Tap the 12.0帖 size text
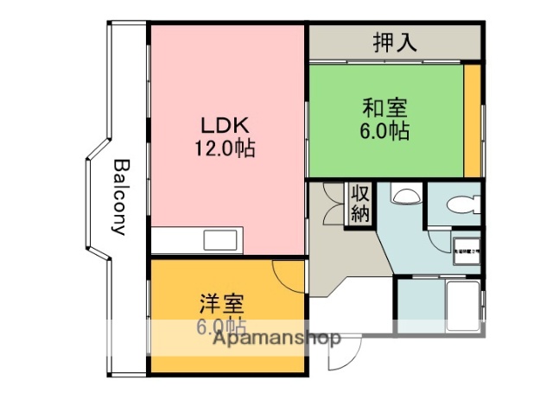click(x=225, y=148)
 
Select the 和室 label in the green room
click(x=385, y=110)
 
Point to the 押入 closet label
click(x=397, y=42)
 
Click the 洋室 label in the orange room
click(x=222, y=304)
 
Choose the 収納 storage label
click(x=359, y=204)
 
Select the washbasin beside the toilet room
click(x=404, y=196)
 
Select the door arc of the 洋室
click(x=288, y=275)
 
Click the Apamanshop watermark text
click(x=276, y=339)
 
